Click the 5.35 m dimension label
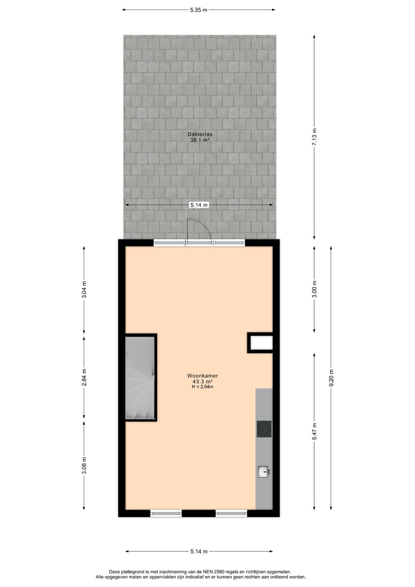198,10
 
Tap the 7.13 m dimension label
314,137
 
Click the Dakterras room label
200,135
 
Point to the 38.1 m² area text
200,140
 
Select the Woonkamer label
203,376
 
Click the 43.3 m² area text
203,382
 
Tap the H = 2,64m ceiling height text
203,387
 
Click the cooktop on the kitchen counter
264,429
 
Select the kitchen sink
264,472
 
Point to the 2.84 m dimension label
84,377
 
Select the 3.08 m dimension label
84,465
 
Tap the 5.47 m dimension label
314,431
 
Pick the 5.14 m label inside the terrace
199,205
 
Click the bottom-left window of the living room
166,513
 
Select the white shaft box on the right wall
261,343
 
